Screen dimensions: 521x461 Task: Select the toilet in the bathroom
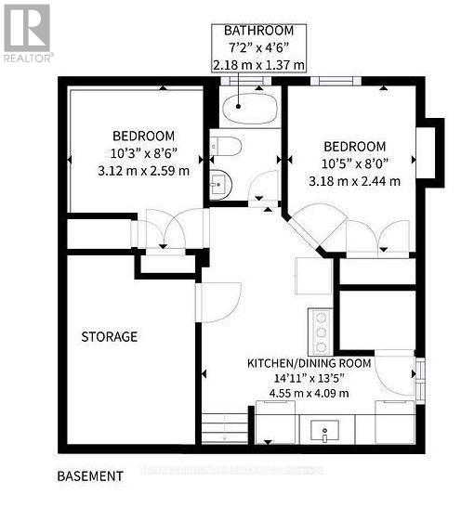(x=226, y=146)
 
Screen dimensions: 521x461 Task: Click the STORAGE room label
(x=109, y=336)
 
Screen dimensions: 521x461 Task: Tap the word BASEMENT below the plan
(x=90, y=475)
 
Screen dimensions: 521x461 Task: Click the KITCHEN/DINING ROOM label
(x=309, y=362)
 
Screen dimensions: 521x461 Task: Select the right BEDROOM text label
(x=354, y=146)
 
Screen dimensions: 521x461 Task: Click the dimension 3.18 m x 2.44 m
(x=354, y=181)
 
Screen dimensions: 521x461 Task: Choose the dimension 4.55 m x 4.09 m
(x=309, y=393)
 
